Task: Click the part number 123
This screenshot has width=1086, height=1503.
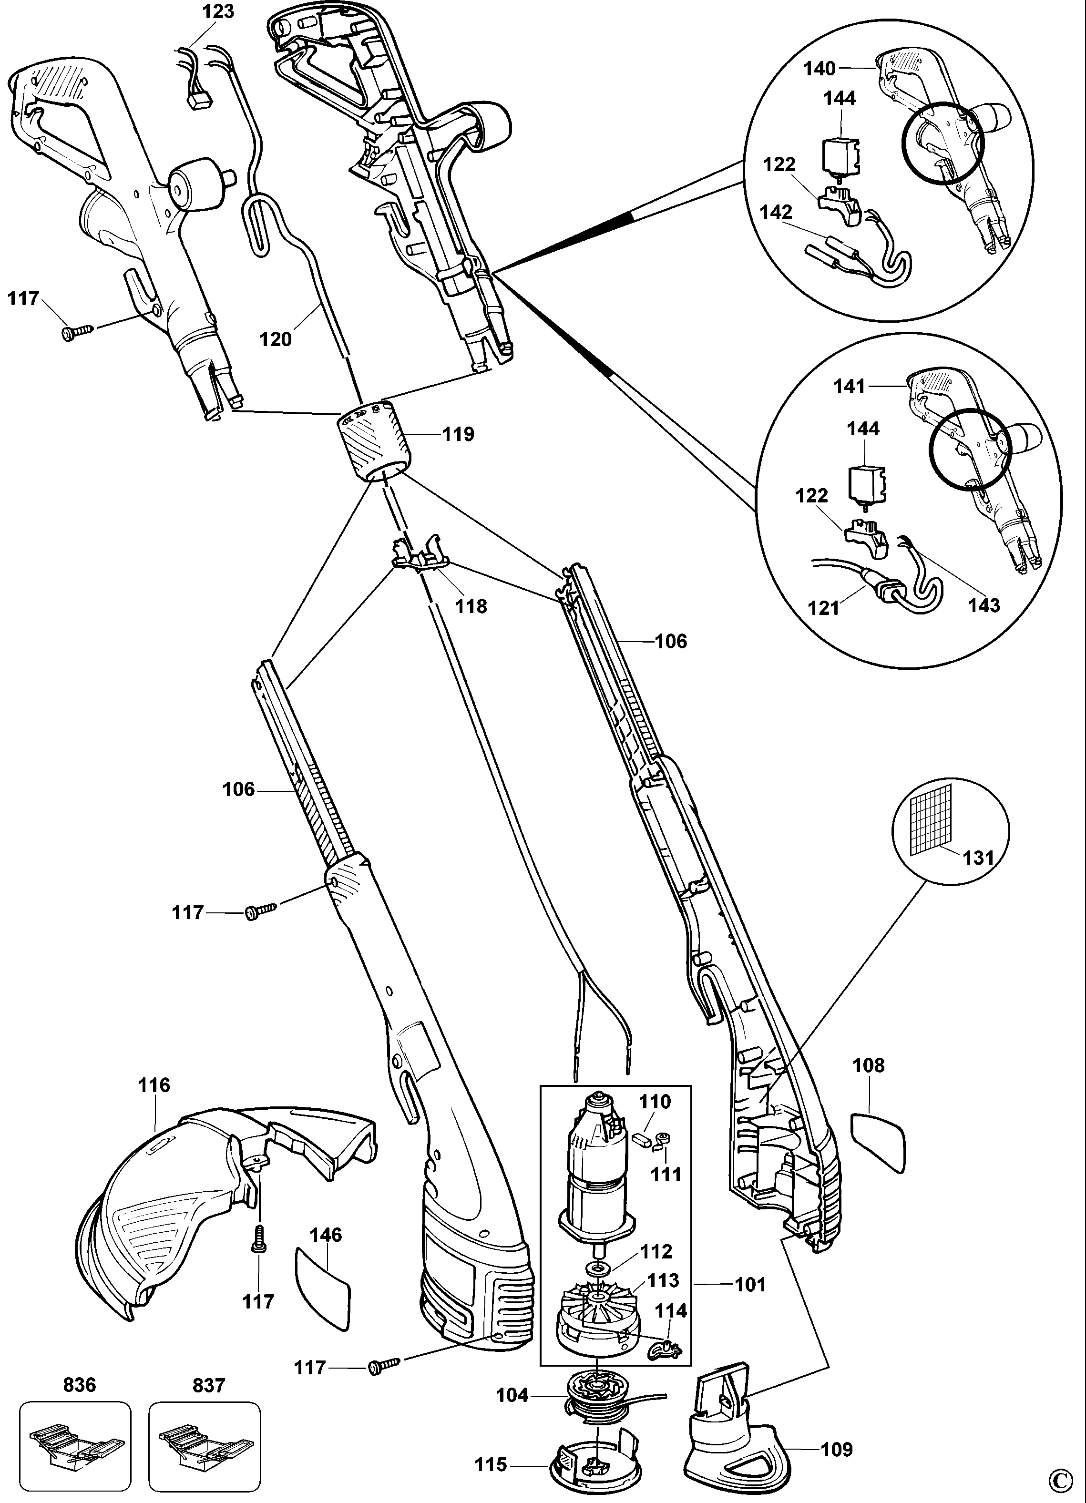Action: pyautogui.click(x=219, y=12)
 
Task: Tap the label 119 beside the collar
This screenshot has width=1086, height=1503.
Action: pyautogui.click(x=459, y=434)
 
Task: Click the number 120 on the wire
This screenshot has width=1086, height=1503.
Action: pyautogui.click(x=276, y=339)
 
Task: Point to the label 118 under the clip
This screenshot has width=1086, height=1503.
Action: pyautogui.click(x=471, y=606)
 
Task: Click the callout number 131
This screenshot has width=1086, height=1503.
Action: pyautogui.click(x=979, y=858)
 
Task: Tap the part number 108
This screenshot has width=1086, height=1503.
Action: pyautogui.click(x=869, y=1065)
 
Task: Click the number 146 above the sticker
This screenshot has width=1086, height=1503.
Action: pyautogui.click(x=326, y=1235)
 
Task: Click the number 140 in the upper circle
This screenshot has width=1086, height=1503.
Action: pyautogui.click(x=820, y=68)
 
